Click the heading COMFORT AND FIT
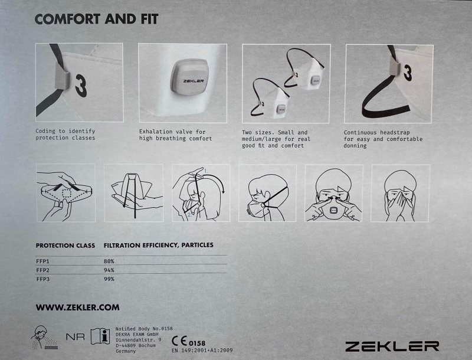96,19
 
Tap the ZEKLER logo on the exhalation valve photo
194,81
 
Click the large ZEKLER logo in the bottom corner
392,346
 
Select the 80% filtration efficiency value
109,261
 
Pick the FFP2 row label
42,270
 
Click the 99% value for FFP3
109,279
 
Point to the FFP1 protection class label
42,261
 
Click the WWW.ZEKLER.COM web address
78,307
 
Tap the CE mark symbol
179,341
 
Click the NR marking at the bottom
76,337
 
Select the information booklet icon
100,336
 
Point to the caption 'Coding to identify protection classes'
65,135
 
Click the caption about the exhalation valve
175,135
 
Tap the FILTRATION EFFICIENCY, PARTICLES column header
159,246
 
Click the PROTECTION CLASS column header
65,246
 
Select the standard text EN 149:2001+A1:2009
202,351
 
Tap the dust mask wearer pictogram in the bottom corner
44,338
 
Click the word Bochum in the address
147,346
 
